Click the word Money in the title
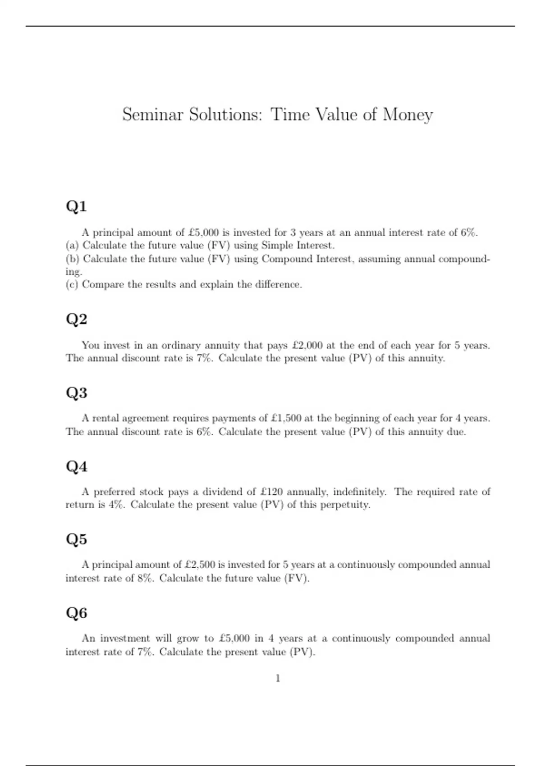click(408, 115)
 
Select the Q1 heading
click(76, 206)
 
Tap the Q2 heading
click(76, 319)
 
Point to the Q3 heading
click(76, 392)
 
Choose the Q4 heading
click(76, 466)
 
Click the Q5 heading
click(76, 539)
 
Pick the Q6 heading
click(76, 613)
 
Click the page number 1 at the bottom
click(278, 678)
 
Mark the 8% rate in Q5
click(145, 578)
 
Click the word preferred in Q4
click(114, 492)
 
